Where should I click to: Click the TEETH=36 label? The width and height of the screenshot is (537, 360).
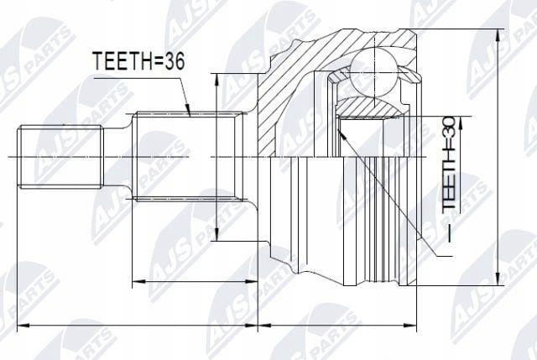click(139, 61)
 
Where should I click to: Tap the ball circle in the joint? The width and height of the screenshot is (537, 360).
click(375, 71)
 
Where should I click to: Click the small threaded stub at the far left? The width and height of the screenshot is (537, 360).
click(60, 157)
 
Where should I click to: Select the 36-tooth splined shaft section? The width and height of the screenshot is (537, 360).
click(190, 156)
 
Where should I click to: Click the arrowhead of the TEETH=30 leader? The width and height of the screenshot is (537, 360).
click(340, 132)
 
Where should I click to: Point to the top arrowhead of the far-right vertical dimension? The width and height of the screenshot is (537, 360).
click(498, 36)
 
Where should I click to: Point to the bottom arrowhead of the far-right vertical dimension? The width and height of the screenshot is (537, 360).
click(498, 278)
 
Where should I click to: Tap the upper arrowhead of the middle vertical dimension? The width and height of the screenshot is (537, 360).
click(216, 81)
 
